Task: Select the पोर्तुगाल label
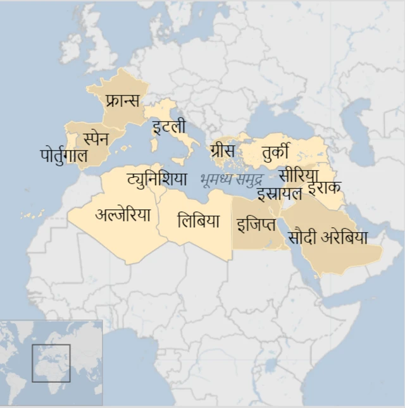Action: coord(63,154)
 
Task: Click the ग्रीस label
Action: coord(223,151)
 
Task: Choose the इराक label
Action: coord(325,187)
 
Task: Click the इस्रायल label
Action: coord(279,193)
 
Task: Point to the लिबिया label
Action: coord(198,221)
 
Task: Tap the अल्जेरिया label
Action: coord(123,215)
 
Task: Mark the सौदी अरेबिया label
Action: coord(327,238)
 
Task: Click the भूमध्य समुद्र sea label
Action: coord(231,179)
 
